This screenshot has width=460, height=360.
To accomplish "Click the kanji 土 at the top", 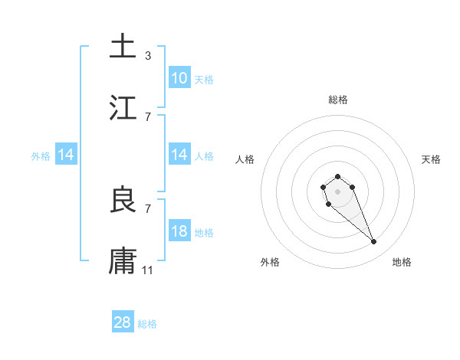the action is (x=123, y=46).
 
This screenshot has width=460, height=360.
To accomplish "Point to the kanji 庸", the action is (x=123, y=260).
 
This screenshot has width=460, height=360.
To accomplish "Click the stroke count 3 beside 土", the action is (x=148, y=55).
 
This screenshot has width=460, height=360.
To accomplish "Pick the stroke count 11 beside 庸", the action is (x=148, y=270).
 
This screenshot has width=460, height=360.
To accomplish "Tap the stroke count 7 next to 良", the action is (x=148, y=208).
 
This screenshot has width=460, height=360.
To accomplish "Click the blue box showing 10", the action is (x=179, y=78).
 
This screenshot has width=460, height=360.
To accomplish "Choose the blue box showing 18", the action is (x=179, y=231).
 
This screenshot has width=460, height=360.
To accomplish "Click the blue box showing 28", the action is (x=123, y=322).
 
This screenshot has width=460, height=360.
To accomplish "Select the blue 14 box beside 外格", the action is (x=66, y=155).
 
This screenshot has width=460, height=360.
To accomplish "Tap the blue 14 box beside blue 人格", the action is (x=179, y=155).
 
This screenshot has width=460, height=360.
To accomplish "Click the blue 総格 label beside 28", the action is (x=147, y=324).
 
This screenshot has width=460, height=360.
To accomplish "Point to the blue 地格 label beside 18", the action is (x=204, y=232).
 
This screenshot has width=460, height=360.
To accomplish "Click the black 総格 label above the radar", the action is (x=338, y=100).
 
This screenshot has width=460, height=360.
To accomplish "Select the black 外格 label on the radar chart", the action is (x=270, y=262).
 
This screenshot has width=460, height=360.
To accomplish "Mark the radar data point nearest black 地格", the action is (x=374, y=242).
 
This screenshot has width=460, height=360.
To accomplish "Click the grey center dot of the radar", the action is (x=337, y=191).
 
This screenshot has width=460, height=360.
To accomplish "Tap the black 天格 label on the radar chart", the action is (x=431, y=159).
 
